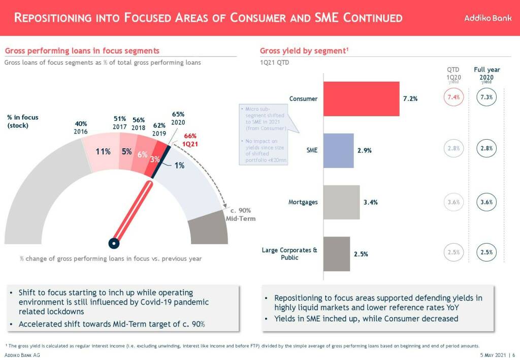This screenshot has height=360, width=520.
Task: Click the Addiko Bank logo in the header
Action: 487,18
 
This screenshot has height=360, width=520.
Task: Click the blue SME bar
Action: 338,151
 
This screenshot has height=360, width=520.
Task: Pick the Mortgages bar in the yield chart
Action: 341,202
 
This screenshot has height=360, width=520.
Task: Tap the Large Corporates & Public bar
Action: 336,254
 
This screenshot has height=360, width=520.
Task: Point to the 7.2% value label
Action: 410,99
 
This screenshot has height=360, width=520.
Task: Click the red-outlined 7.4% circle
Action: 453,97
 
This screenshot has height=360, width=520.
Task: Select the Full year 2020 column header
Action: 486,74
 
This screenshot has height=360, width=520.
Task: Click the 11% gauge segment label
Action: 104,151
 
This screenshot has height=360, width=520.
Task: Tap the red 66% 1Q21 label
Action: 190,140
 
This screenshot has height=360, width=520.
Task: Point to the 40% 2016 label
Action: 81,127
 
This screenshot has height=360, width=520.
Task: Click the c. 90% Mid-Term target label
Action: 240,214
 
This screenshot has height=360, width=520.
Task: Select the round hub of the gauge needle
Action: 115,243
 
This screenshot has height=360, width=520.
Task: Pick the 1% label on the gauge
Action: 179,166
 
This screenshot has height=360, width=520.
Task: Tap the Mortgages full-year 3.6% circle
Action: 486,202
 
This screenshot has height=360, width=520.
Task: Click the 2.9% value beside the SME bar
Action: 364,151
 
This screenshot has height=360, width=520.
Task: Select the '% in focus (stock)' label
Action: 22,121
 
